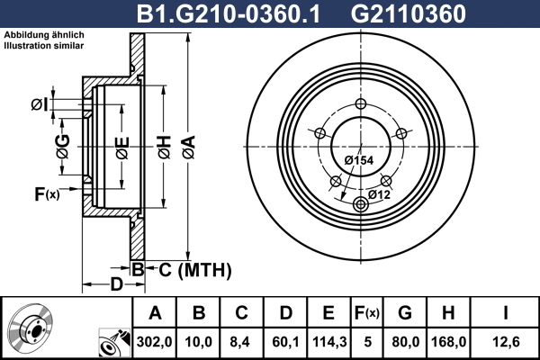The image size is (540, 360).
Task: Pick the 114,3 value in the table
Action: click(328, 342)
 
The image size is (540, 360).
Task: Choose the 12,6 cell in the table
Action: click(506, 342)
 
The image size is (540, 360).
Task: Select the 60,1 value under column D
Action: click(285, 342)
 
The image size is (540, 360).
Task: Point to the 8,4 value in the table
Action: click(241, 342)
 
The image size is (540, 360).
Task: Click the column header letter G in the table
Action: click(405, 313)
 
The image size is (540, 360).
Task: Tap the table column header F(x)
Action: click(366, 313)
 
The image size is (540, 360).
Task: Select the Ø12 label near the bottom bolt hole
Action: click(378, 193)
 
